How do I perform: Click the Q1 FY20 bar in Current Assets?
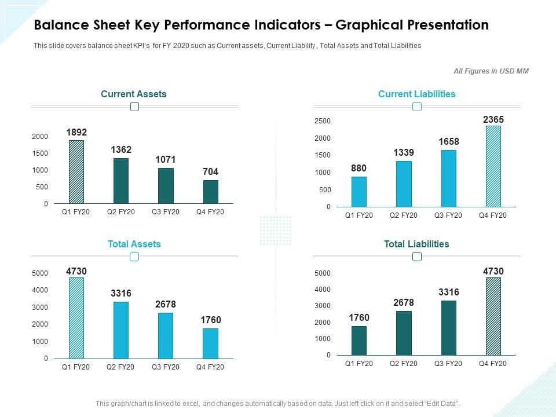click(76, 172)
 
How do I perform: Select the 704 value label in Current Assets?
click(211, 172)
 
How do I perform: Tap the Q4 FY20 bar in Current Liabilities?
click(493, 167)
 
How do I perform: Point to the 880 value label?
click(359, 169)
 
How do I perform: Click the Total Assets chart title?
click(134, 244)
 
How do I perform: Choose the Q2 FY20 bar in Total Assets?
click(121, 330)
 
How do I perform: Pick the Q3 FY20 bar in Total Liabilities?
click(449, 328)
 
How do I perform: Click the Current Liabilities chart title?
click(417, 94)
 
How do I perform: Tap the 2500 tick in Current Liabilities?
click(323, 121)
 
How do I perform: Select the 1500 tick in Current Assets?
click(40, 153)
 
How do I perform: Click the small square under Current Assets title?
click(135, 107)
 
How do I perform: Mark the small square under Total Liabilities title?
click(417, 257)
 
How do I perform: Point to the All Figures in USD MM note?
click(491, 71)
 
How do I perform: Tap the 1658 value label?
click(449, 142)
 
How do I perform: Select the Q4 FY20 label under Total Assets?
click(210, 368)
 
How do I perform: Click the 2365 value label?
click(493, 119)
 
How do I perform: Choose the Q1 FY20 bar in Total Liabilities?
click(359, 341)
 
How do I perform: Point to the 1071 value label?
click(166, 159)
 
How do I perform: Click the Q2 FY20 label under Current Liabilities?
click(404, 215)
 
